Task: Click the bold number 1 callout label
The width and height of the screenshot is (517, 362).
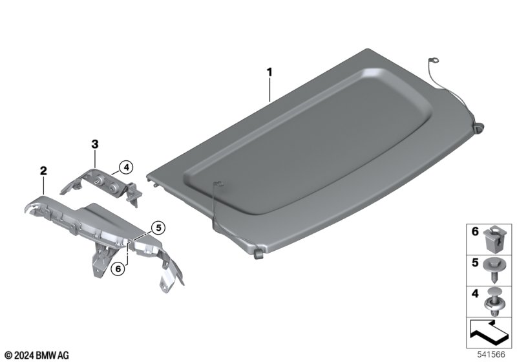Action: point(269,72)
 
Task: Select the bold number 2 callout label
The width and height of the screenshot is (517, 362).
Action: point(43,171)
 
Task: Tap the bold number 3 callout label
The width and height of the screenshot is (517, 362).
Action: point(94,144)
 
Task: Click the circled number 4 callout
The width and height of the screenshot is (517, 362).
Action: point(126,167)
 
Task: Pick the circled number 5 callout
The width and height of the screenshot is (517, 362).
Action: point(158,228)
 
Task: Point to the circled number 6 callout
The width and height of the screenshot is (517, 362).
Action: point(118,269)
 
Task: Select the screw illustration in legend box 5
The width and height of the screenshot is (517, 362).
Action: point(492,270)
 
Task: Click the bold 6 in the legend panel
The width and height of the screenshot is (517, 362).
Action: point(475,231)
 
